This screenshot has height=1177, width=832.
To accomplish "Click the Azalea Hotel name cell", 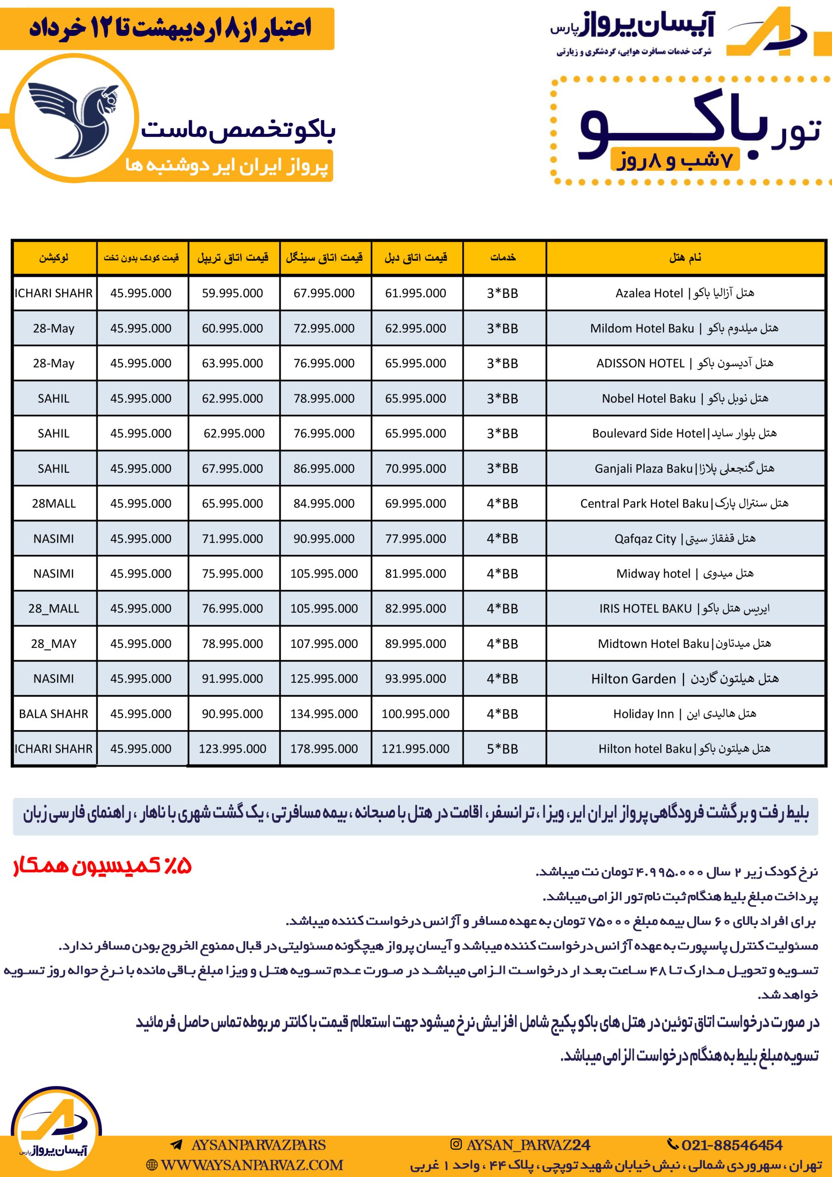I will pyautogui.click(x=684, y=293).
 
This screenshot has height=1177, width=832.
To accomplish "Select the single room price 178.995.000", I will pyautogui.click(x=324, y=748).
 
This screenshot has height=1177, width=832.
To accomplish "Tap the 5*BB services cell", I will pyautogui.click(x=502, y=748).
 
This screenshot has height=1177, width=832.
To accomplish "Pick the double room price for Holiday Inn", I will pyautogui.click(x=415, y=714).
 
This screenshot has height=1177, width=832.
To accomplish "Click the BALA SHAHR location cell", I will pyautogui.click(x=53, y=714).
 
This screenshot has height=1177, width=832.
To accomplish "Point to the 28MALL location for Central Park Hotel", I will pyautogui.click(x=53, y=503).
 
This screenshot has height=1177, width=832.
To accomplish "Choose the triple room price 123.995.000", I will pyautogui.click(x=232, y=748).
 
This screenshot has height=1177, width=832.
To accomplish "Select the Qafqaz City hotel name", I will pyautogui.click(x=684, y=539).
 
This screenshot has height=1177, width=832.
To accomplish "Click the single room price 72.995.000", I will pyautogui.click(x=324, y=328).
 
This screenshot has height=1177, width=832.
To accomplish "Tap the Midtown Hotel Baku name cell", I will pyautogui.click(x=684, y=643).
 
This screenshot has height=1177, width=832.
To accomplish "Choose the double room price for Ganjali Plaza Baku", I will pyautogui.click(x=415, y=469).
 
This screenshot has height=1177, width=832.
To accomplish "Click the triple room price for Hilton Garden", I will pyautogui.click(x=232, y=679).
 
